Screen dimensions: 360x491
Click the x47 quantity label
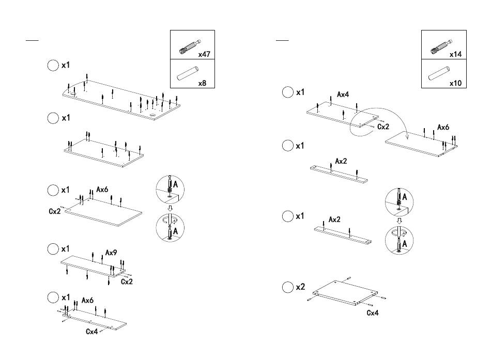[x=204, y=54]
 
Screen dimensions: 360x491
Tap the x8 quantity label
[x=202, y=83]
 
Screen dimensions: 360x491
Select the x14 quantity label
[x=455, y=54]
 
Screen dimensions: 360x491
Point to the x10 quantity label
[x=454, y=83]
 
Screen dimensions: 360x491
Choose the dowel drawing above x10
[x=437, y=74]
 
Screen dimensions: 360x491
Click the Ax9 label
[x=112, y=253]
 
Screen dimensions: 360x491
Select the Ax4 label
[x=343, y=95]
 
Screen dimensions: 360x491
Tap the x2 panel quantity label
[x=300, y=287]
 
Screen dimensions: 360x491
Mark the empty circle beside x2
[x=287, y=287]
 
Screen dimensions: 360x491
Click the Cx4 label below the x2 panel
[x=373, y=312]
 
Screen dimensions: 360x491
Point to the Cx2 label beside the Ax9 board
[x=127, y=282]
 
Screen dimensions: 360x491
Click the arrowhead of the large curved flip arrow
[x=407, y=137]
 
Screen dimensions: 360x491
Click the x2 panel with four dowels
[x=344, y=292]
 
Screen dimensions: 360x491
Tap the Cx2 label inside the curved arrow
[x=383, y=127]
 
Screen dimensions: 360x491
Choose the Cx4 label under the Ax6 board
[x=91, y=331]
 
